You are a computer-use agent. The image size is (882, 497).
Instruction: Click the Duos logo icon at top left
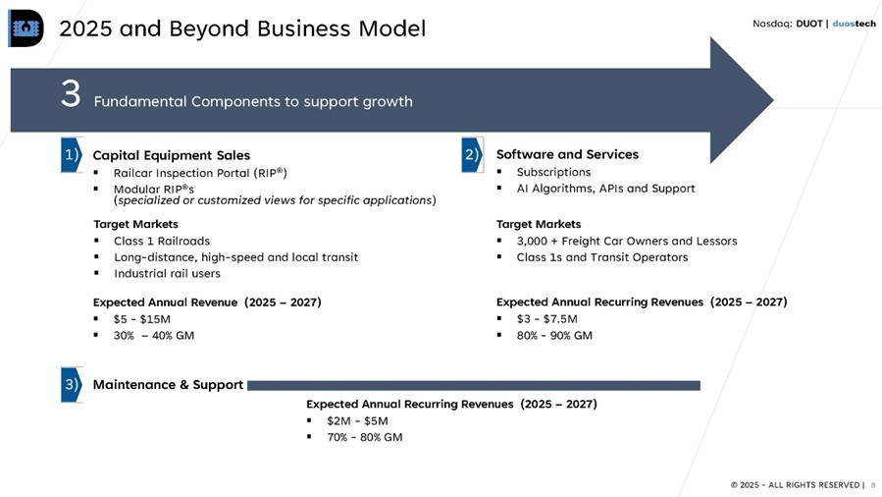(26, 28)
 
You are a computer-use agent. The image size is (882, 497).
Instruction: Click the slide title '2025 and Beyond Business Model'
(242, 28)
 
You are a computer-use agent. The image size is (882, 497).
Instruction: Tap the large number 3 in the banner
(71, 93)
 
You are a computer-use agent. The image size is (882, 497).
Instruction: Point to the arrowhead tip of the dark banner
(773, 100)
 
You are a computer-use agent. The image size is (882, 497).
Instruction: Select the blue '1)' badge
(72, 154)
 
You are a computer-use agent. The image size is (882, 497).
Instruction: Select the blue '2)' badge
(472, 154)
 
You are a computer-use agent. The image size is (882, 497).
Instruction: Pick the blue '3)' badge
(72, 384)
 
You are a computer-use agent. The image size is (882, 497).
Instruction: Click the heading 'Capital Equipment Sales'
(172, 155)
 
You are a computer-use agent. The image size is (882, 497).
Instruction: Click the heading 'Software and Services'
(567, 154)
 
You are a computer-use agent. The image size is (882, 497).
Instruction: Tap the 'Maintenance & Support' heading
(168, 384)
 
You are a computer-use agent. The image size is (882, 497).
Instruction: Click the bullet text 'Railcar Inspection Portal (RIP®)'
(200, 173)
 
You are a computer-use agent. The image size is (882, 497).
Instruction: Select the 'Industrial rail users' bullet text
(167, 274)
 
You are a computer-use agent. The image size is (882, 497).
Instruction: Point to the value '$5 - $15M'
(141, 319)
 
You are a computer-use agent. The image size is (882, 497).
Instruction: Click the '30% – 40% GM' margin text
(154, 336)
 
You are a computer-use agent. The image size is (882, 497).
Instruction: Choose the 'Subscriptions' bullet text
(553, 172)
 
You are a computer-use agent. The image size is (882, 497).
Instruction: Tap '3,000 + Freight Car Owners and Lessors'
(627, 241)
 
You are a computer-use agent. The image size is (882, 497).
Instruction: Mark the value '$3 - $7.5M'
(546, 319)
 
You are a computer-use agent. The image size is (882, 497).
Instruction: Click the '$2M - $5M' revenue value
(357, 421)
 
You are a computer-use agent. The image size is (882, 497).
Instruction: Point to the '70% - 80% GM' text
(365, 437)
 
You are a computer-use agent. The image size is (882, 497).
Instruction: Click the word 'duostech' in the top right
(854, 24)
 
